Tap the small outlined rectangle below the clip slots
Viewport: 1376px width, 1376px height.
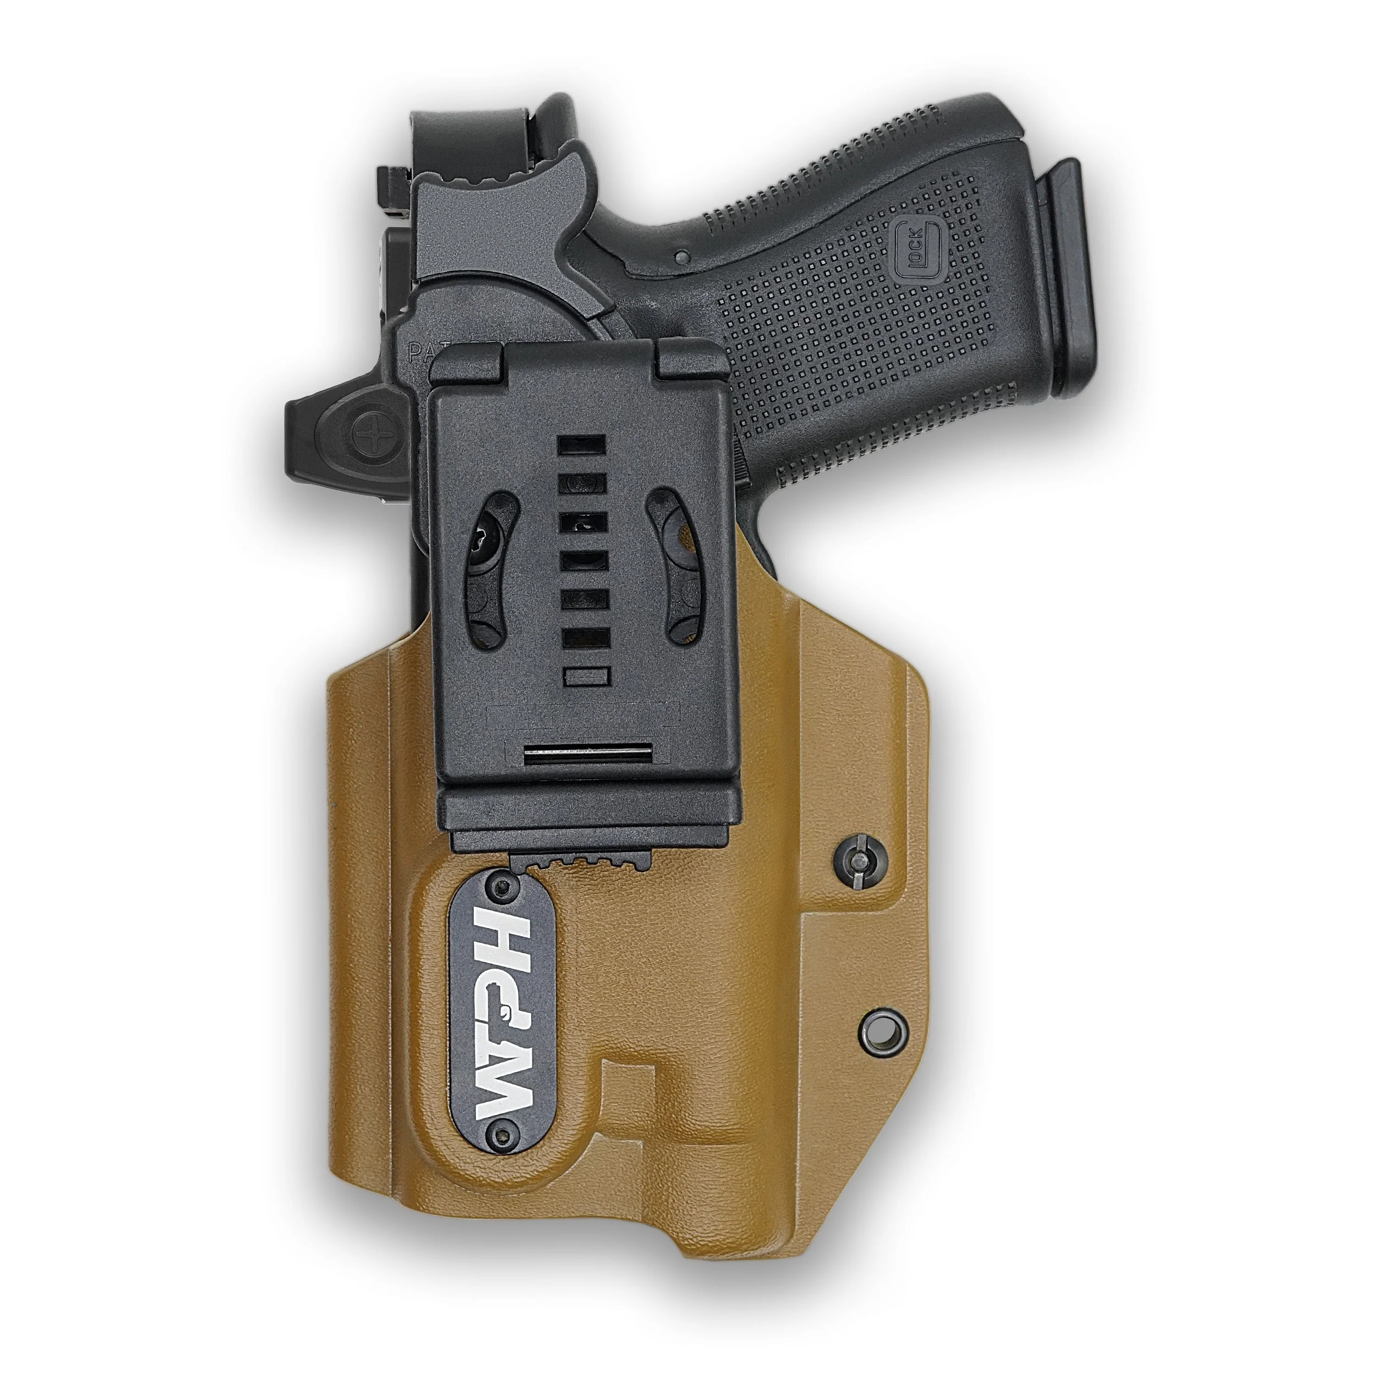pos(586,676)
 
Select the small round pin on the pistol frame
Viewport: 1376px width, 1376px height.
pos(682,256)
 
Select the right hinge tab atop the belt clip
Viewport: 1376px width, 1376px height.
pos(690,358)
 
